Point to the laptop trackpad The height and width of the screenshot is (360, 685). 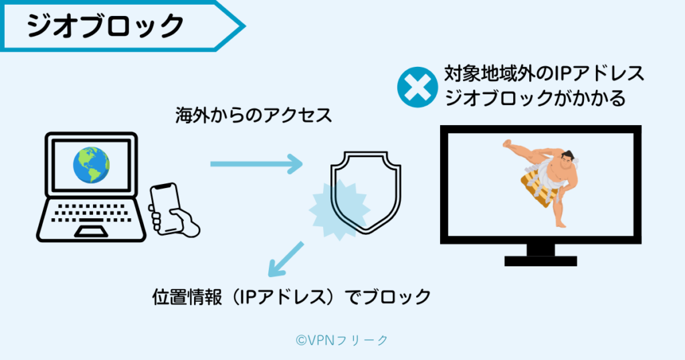click(x=91, y=231)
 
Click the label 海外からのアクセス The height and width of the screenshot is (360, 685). click(x=253, y=115)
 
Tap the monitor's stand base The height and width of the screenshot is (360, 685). click(x=541, y=260)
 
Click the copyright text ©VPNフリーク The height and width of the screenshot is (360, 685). click(x=341, y=340)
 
